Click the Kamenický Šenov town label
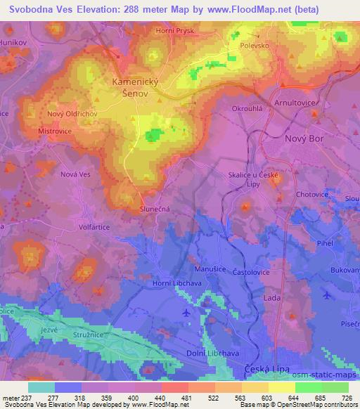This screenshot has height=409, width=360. point(135,88)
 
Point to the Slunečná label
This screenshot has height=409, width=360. point(154,209)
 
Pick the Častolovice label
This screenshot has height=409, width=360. point(257,269)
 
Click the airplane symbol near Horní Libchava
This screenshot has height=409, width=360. point(185,312)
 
